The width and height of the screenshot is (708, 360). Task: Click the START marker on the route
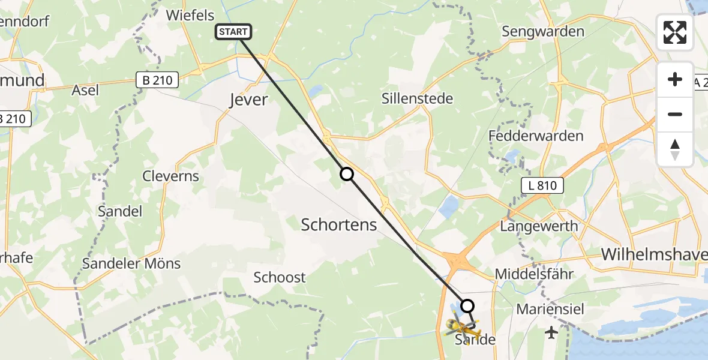pos(231,32)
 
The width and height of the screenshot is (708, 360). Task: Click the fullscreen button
pos(675,32)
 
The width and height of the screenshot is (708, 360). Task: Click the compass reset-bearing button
pos(675,149)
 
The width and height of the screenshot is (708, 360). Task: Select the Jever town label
pos(248,100)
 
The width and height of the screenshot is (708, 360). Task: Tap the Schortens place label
pos(338,225)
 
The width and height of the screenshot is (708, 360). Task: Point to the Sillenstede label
pos(417,98)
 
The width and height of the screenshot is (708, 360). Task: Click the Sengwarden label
pos(543,31)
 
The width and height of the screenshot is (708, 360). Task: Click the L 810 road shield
pos(542,186)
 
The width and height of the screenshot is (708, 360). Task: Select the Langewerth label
pos(539,226)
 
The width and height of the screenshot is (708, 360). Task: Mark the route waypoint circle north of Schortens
pos(347,175)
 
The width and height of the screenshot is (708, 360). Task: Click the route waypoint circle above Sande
pos(467,305)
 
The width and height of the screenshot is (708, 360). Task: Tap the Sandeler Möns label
pos(131,263)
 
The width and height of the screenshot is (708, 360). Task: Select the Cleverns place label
pos(170,176)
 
